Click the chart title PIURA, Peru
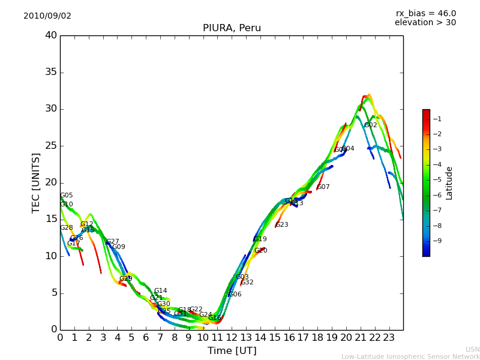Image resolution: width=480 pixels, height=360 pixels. pos(232,28)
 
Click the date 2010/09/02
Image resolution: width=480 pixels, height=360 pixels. pos(47,16)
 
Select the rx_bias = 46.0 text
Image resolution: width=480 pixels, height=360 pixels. pos(425,14)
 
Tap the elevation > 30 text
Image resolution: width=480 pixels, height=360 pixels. pos(425,23)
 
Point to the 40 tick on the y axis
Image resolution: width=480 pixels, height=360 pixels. pos(50,35)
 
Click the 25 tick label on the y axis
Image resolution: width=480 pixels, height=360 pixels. pos(50,146)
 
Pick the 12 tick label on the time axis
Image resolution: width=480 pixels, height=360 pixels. pos(232,338)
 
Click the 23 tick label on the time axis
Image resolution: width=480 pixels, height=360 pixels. pos(389,338)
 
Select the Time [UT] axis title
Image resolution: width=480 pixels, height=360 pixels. pos(232,351)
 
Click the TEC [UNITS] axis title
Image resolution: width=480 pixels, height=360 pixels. pos(37,183)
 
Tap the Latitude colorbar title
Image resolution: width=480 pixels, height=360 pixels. pos(449,183)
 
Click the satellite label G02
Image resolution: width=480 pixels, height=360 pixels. pos(371,125)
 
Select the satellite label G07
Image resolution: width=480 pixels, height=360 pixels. pos(323,187)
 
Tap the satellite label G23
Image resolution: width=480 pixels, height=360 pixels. pos(282,225)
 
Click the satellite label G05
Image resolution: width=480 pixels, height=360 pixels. pos(67,196)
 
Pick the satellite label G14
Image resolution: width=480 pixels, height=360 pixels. pos(161,291)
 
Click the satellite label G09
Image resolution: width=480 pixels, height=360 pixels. pos(119,247)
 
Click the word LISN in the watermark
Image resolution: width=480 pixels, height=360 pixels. pos(473,349)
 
